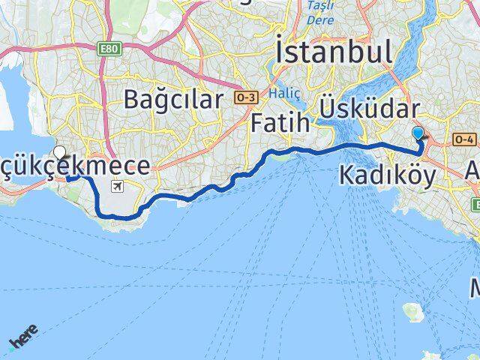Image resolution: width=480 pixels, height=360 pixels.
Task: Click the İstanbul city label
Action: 334,52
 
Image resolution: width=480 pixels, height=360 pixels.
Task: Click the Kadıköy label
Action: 387,175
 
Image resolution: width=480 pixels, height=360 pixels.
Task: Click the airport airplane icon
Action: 117,186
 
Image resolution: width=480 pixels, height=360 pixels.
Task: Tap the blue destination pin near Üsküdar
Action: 418,133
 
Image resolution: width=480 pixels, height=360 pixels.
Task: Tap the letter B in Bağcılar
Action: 134,98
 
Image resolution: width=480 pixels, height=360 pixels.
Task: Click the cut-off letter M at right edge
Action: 475,288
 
